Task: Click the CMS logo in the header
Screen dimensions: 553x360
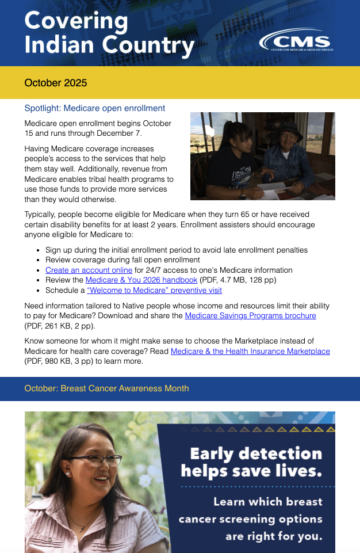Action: coord(296,42)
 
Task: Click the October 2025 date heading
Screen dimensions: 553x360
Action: coord(56,83)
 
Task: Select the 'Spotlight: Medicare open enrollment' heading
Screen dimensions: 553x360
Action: coord(95,108)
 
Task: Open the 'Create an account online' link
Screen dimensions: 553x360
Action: coord(89,270)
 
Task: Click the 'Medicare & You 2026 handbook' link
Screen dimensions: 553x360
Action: coord(141,280)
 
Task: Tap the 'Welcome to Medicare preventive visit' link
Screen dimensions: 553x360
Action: coord(154,291)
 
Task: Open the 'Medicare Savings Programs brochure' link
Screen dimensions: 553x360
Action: coord(250,316)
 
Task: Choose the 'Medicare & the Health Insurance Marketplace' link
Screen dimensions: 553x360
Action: coord(250,351)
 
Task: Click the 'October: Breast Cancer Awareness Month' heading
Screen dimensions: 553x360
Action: coord(106,388)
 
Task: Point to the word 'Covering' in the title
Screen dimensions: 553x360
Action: coord(76,21)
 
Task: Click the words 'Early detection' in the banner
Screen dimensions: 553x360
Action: coord(256,453)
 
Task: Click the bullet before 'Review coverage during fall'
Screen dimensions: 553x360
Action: coord(38,260)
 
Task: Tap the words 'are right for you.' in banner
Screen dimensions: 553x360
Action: coord(274,537)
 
